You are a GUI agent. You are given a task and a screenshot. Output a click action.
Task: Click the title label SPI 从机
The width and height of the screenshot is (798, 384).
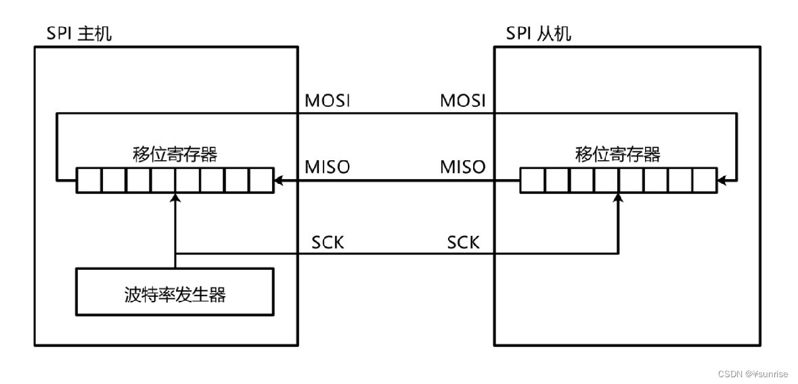538,33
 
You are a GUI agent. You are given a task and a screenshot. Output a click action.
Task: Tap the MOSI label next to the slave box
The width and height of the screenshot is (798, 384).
463,101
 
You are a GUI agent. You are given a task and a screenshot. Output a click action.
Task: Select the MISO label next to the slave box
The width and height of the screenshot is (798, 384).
463,166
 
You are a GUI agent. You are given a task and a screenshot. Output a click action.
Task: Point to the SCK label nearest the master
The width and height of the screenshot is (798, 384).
328,241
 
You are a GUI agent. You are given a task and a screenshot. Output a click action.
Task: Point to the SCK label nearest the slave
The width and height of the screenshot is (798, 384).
463,241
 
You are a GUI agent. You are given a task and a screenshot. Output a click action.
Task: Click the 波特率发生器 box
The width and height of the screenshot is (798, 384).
175,295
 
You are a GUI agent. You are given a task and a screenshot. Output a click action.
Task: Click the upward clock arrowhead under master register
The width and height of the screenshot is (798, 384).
175,197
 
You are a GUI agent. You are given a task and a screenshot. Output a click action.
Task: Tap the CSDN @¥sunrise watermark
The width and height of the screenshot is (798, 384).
751,374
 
